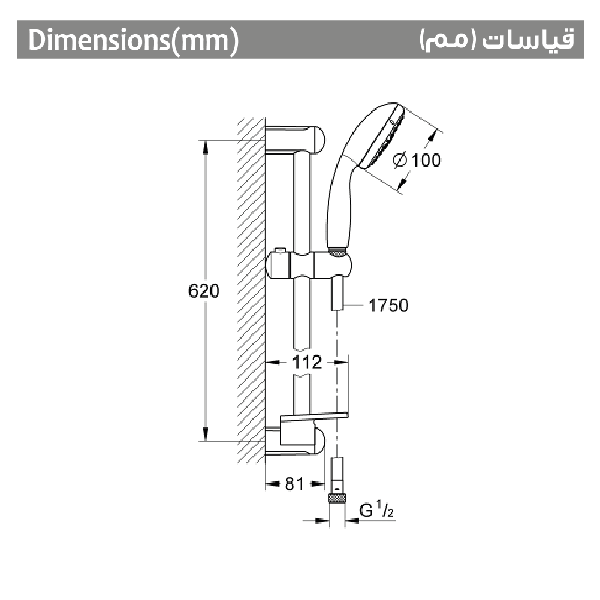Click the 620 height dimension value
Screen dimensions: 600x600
click(204, 291)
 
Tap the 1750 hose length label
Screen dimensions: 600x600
click(388, 305)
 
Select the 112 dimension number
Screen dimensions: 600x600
click(307, 363)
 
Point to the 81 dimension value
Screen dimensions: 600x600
click(294, 484)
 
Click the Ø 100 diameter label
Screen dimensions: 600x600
click(417, 160)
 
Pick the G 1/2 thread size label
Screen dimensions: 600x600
click(377, 511)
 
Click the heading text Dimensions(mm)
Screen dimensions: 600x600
click(134, 40)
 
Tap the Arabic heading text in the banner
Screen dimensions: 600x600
click(497, 40)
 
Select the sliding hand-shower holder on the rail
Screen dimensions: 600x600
click(309, 265)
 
